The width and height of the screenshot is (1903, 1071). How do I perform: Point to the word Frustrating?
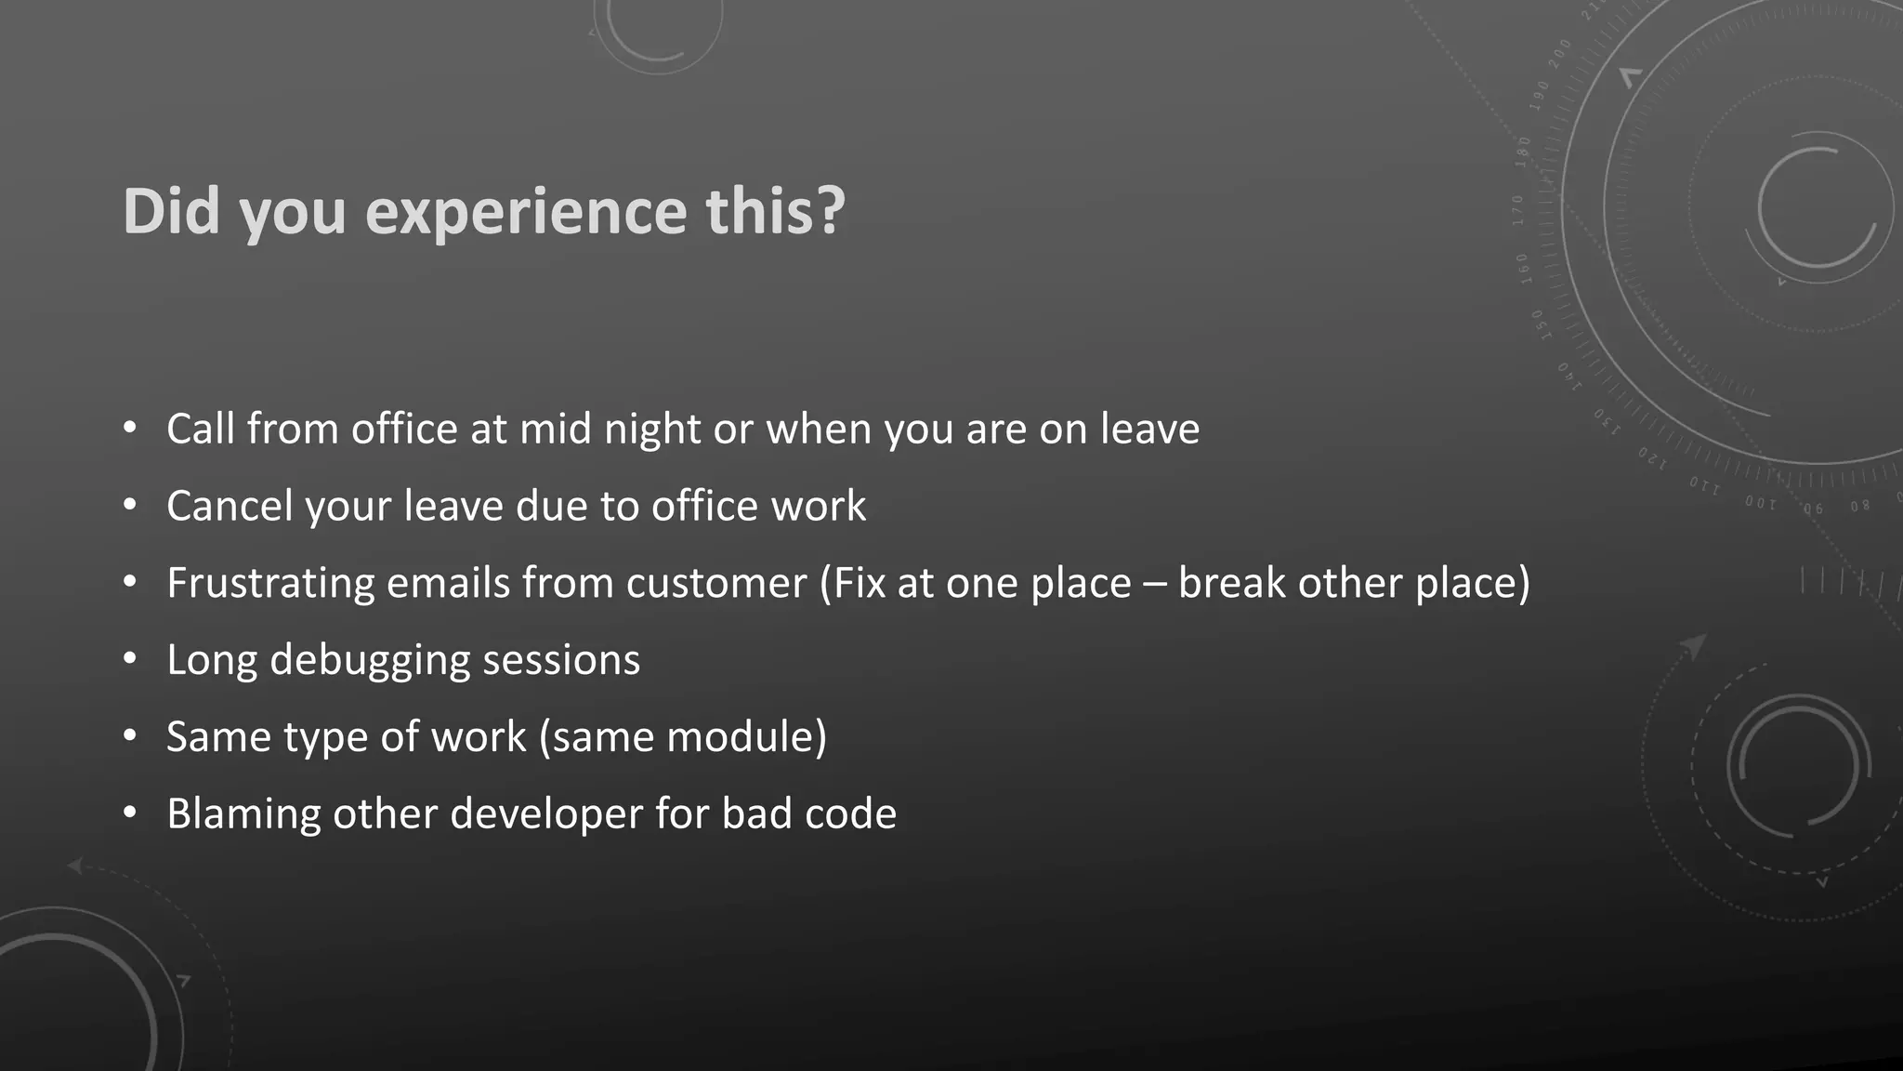pos(270,584)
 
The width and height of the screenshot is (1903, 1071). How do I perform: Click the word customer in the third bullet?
pos(716,584)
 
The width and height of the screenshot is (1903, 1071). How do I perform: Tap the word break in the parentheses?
pos(1232,583)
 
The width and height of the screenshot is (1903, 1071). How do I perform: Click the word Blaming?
pos(243,814)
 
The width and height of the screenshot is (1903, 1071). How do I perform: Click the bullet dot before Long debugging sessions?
pos(130,659)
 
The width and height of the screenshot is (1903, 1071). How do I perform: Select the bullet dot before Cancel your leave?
pos(130,505)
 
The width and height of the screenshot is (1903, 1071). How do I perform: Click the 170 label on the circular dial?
pos(1518,210)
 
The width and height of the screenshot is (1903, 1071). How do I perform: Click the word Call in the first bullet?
pos(200,430)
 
